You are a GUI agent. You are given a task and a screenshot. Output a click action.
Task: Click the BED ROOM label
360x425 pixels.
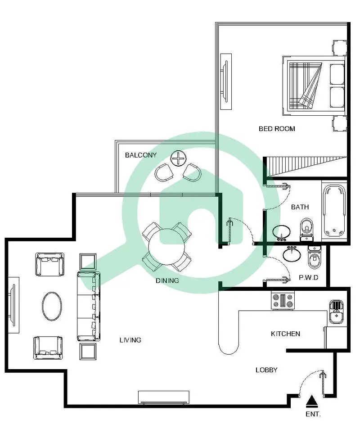click(x=277, y=129)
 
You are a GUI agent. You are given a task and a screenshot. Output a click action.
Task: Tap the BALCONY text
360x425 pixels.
click(x=141, y=155)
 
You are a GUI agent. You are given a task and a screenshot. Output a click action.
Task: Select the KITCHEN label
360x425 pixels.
click(x=285, y=334)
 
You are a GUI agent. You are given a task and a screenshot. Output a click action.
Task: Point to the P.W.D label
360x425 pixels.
click(x=309, y=277)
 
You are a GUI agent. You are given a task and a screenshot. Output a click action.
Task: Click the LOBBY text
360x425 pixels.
click(x=266, y=370)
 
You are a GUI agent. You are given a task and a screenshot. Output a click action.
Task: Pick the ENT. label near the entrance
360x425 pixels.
click(x=313, y=414)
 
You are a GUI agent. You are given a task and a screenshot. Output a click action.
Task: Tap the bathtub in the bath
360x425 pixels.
click(x=334, y=211)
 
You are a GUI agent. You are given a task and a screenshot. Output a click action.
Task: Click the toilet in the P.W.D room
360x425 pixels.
click(x=314, y=258)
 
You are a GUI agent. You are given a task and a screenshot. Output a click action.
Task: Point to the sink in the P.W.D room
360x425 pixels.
click(x=292, y=254)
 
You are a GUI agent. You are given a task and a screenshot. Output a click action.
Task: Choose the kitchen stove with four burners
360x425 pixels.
click(x=283, y=301)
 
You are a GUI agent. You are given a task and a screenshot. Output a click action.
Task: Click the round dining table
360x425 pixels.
click(x=166, y=247)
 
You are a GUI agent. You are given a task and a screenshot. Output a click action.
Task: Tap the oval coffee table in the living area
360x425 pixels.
click(x=52, y=306)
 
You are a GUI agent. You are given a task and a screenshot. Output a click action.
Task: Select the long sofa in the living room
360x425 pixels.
click(x=89, y=306)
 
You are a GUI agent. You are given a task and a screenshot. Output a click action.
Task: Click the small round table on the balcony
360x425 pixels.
click(x=179, y=158)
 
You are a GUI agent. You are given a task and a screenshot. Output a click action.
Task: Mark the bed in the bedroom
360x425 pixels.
click(x=314, y=86)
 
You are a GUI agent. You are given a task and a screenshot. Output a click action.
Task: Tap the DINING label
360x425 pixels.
click(x=167, y=280)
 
